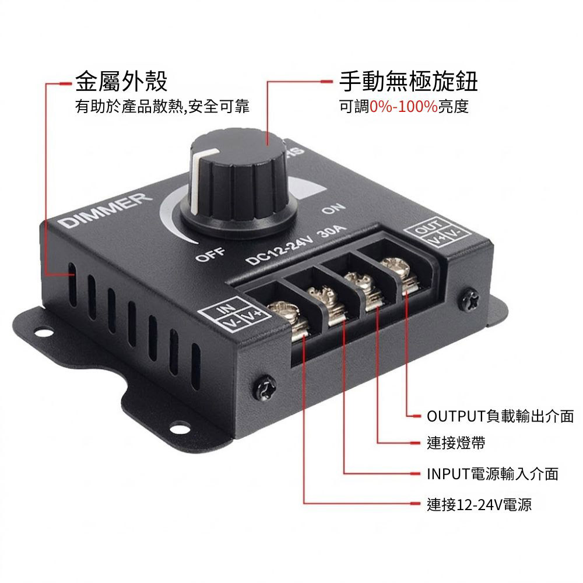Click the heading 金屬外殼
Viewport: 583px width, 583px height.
click(x=121, y=82)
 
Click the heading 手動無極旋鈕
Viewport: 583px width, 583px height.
click(x=408, y=82)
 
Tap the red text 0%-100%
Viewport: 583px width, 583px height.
click(x=403, y=107)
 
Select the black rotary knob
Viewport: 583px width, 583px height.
click(x=239, y=187)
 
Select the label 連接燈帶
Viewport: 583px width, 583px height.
click(x=455, y=444)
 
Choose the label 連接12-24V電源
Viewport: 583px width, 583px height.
click(x=479, y=504)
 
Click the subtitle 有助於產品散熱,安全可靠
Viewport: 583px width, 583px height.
click(x=163, y=107)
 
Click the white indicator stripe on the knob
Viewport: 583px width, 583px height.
click(x=198, y=181)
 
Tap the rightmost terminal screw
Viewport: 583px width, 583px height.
click(x=396, y=266)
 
